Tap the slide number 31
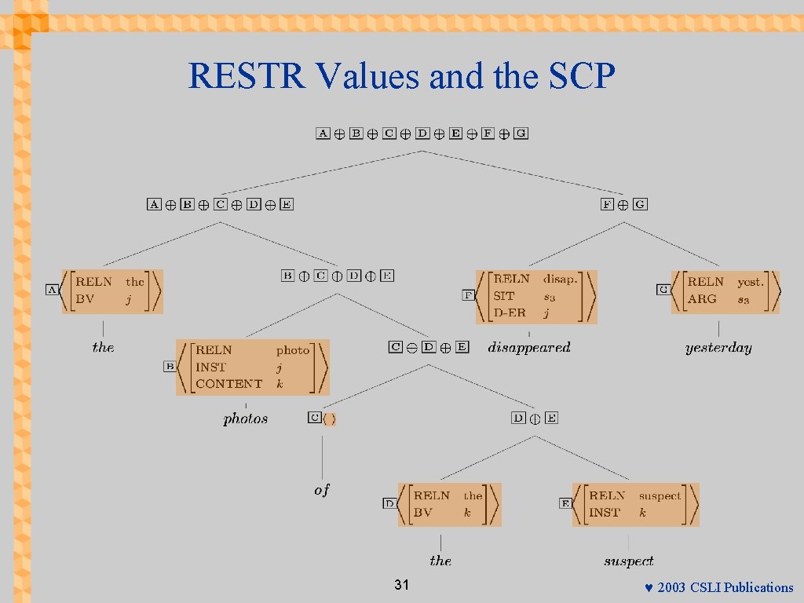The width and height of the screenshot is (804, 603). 402,586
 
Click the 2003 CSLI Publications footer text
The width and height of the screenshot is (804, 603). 725,587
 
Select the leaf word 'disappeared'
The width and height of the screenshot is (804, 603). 529,347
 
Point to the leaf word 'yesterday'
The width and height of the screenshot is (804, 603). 718,348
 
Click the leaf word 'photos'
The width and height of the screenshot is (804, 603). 246,418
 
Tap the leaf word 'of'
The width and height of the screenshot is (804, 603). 322,490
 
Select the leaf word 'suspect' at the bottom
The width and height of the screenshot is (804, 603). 628,561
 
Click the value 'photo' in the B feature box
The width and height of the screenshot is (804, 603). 292,350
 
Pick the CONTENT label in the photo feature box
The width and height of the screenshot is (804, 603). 228,384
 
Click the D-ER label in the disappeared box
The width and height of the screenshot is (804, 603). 509,313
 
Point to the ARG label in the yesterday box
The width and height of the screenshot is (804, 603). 702,298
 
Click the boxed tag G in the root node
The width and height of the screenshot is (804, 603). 521,133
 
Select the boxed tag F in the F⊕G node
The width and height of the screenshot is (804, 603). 607,204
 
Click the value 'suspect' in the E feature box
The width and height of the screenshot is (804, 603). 660,495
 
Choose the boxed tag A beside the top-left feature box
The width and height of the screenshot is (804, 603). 53,290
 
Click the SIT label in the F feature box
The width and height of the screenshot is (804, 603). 503,296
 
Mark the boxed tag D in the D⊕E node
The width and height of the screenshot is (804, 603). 518,418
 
